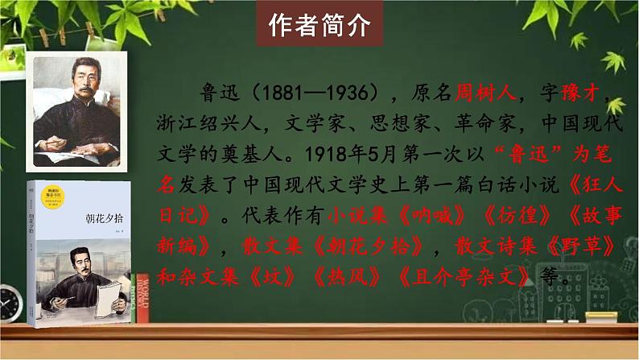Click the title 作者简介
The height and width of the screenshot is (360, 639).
pyautogui.click(x=319, y=27)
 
